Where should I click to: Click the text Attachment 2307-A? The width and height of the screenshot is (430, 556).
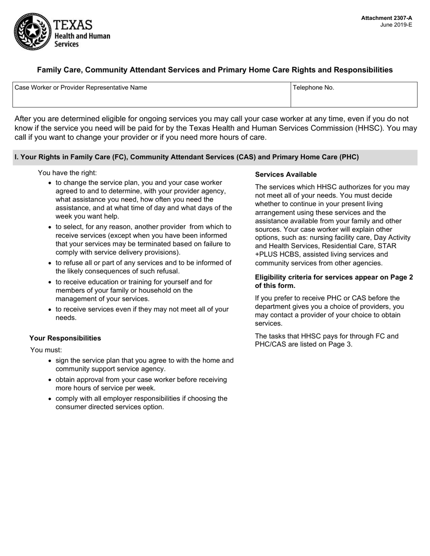click(387, 18)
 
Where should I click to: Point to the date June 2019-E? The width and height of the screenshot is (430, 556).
click(396, 25)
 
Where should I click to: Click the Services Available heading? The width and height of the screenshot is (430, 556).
click(286, 174)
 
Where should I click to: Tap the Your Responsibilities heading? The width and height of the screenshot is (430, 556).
click(65, 338)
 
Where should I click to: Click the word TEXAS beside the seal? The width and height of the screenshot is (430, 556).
click(73, 25)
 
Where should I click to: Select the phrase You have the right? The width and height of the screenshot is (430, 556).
click(67, 173)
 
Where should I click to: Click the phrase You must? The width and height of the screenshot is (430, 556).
click(46, 350)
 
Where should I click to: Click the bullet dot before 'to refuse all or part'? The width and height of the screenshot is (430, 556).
click(50, 263)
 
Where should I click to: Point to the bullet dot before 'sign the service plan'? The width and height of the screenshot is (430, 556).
click(50, 361)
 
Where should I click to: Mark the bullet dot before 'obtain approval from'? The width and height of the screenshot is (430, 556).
click(50, 380)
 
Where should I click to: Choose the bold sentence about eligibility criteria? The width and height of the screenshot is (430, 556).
click(334, 281)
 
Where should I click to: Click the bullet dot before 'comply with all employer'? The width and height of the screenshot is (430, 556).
click(50, 399)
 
